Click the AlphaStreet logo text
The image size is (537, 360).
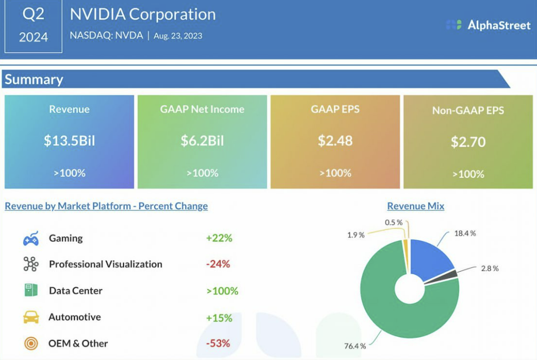pyautogui.click(x=499, y=25)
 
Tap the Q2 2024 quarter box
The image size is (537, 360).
pyautogui.click(x=33, y=26)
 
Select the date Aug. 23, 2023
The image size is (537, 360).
pyautogui.click(x=178, y=36)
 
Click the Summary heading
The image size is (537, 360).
pyautogui.click(x=34, y=79)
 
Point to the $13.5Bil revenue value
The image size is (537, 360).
pyautogui.click(x=69, y=141)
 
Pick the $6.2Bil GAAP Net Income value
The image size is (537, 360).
pyautogui.click(x=202, y=141)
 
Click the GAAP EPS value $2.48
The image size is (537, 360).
pyautogui.click(x=335, y=141)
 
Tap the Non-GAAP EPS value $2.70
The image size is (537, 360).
pyautogui.click(x=468, y=142)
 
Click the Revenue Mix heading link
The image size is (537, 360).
pyautogui.click(x=416, y=206)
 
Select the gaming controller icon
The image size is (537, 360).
pyautogui.click(x=31, y=238)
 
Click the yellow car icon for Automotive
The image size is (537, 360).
pyautogui.click(x=31, y=317)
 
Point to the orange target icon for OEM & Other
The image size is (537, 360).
pyautogui.click(x=31, y=343)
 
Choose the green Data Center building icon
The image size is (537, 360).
pyautogui.click(x=31, y=290)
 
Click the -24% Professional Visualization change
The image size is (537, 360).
pyautogui.click(x=218, y=264)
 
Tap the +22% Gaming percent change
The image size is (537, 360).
pyautogui.click(x=219, y=238)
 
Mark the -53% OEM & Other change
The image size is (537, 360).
pyautogui.click(x=218, y=343)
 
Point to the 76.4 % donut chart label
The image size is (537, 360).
pyautogui.click(x=355, y=346)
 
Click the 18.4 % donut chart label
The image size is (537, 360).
pyautogui.click(x=465, y=233)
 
